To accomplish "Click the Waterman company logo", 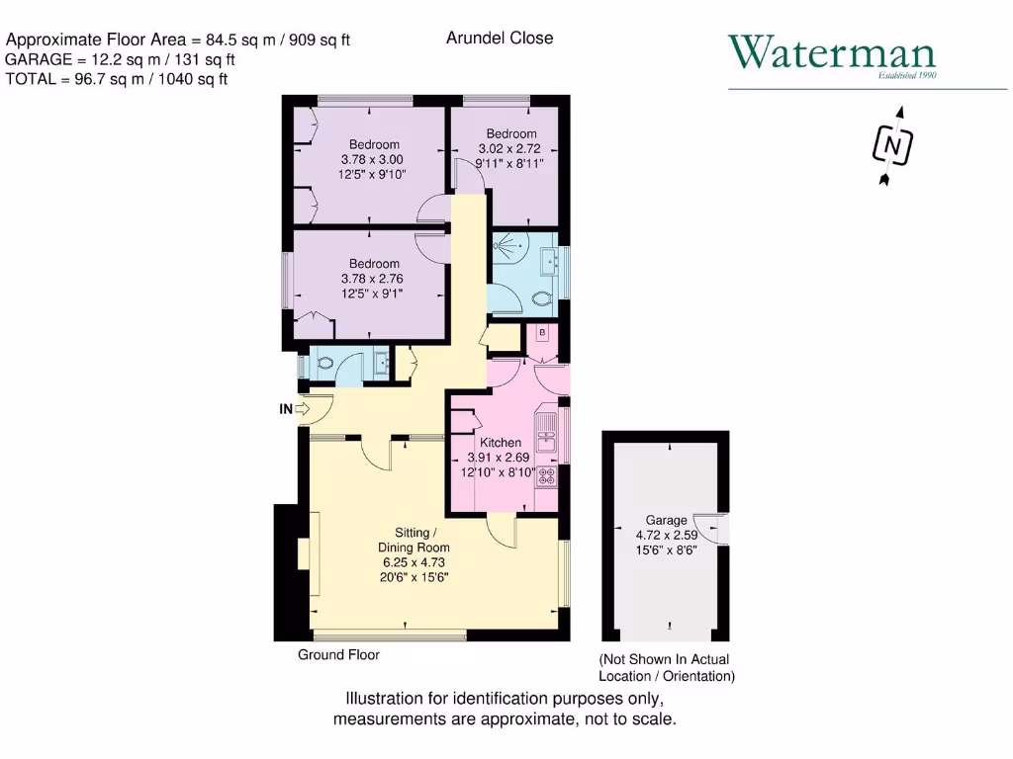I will pyautogui.click(x=831, y=54).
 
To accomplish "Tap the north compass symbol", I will pyautogui.click(x=893, y=147).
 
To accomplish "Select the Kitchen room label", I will pyautogui.click(x=501, y=443).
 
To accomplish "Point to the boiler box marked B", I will pyautogui.click(x=542, y=333).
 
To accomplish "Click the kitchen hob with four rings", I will pyautogui.click(x=546, y=476).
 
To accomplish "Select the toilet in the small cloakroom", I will pyautogui.click(x=322, y=363).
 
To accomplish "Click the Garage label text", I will pyautogui.click(x=666, y=520).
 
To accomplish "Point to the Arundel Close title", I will pyautogui.click(x=500, y=38).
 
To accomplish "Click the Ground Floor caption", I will pyautogui.click(x=338, y=654).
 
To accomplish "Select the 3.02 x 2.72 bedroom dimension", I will pyautogui.click(x=510, y=148).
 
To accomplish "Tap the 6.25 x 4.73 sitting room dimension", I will pyautogui.click(x=414, y=562).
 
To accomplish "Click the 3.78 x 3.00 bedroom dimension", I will pyautogui.click(x=372, y=159).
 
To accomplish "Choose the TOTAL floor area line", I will pyautogui.click(x=117, y=79).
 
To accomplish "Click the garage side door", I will pyautogui.click(x=714, y=530).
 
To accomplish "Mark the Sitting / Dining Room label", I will pyautogui.click(x=414, y=541).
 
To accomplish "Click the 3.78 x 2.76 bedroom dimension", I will pyautogui.click(x=372, y=279).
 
